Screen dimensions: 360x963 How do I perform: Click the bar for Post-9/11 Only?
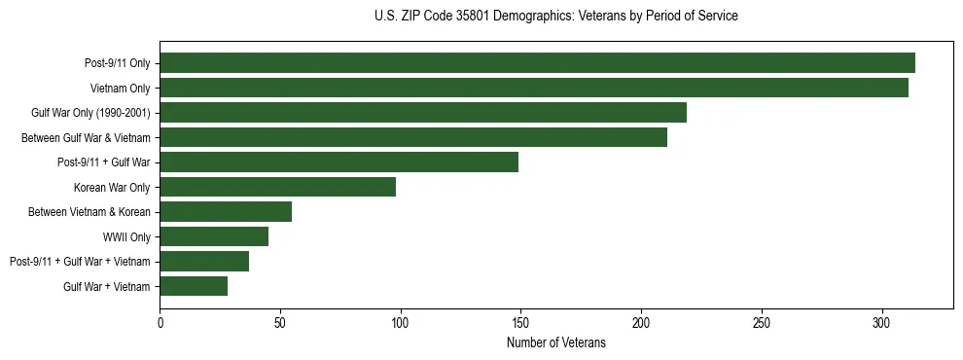coord(537,63)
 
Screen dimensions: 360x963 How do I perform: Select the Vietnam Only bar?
coord(534,88)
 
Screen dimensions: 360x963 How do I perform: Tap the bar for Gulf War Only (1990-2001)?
coord(423,113)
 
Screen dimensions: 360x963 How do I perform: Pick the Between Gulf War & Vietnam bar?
coord(413,137)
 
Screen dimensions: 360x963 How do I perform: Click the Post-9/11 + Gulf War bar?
coord(339,162)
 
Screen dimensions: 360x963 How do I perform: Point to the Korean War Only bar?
coord(277,187)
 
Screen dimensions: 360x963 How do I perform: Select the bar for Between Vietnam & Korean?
coord(226,211)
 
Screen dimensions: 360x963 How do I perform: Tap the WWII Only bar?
coord(214,236)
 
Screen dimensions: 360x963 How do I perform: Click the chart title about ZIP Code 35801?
coord(555,17)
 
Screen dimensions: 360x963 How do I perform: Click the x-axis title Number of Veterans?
coord(555,343)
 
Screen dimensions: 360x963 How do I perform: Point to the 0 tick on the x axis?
coord(160,322)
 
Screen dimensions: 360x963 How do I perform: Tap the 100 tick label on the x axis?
coord(400,322)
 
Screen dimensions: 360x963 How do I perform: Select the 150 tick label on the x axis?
coord(520,322)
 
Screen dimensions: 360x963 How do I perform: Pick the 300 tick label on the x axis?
coord(881,322)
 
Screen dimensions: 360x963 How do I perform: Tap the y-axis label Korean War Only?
coord(112,187)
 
